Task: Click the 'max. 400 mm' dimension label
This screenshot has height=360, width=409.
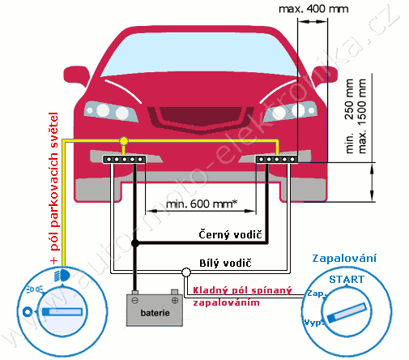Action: click(x=313, y=9)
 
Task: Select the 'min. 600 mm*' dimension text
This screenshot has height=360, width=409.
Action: click(x=202, y=204)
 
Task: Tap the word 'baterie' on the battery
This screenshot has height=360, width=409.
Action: click(x=155, y=313)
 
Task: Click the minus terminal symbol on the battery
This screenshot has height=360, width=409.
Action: click(x=135, y=300)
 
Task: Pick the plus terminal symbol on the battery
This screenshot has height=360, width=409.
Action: click(x=175, y=300)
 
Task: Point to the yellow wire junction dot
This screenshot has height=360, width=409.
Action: click(x=124, y=141)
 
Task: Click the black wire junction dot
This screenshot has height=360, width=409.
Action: click(x=135, y=243)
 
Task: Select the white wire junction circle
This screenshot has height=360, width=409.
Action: click(x=186, y=272)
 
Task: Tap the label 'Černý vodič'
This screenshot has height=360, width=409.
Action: click(x=230, y=234)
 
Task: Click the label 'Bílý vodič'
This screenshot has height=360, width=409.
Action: click(x=225, y=263)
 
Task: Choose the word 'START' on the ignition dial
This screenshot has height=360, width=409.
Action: click(x=347, y=280)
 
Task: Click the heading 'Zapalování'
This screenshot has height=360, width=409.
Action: click(x=344, y=259)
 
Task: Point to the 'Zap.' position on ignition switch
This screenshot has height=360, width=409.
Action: click(x=317, y=294)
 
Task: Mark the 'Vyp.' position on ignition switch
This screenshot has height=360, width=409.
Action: click(x=313, y=323)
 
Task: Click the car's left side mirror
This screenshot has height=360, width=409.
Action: click(x=76, y=75)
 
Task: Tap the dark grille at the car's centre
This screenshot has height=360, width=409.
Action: click(x=201, y=117)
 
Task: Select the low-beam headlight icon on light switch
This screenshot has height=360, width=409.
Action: click(x=62, y=276)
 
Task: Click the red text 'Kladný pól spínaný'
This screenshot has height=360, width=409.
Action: click(x=242, y=290)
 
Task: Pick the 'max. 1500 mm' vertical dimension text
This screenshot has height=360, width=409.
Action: click(x=362, y=116)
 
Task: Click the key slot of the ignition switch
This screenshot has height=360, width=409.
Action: click(x=347, y=313)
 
